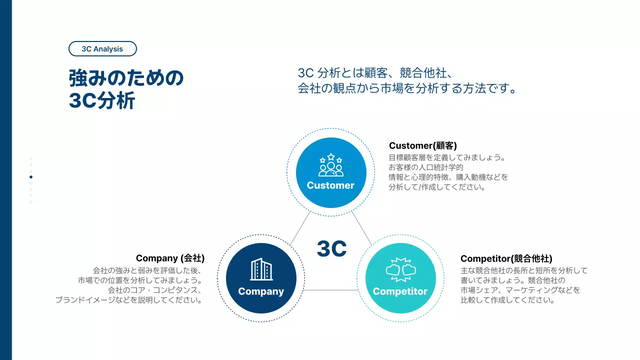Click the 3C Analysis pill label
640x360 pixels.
point(102,49)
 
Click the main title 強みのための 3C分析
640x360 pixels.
point(126,89)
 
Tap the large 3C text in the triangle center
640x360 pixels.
point(331,248)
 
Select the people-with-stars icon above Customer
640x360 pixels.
point(331,165)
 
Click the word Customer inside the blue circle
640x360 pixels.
point(330,185)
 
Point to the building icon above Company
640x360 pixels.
point(261,269)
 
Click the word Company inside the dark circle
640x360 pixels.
point(261,291)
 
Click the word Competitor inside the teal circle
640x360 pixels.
point(400,291)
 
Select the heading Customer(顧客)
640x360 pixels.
point(423,145)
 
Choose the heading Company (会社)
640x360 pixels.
point(170,258)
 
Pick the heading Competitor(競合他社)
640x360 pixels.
point(506,258)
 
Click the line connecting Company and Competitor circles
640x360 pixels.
point(331,290)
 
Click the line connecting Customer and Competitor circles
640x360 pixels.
point(361,228)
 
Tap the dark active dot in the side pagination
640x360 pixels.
point(31,177)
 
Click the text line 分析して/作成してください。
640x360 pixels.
point(437,188)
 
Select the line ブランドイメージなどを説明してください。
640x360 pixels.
point(129,300)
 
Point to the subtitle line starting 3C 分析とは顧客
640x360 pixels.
point(375,73)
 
